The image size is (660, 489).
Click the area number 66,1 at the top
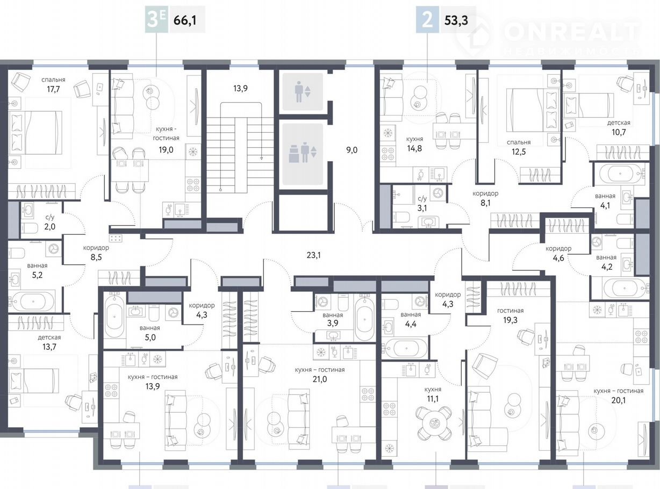pos(185,20)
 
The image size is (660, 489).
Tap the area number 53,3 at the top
pos(456,20)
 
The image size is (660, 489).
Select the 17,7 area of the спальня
pos(53,89)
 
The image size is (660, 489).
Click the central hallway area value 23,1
pos(314,255)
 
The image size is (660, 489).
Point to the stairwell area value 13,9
pos(240,88)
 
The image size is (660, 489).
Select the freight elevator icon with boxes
pos(303,153)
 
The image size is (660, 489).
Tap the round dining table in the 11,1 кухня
pos(433,422)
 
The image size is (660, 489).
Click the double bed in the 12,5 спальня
pos(532,110)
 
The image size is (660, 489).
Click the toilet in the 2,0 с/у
pos(29,228)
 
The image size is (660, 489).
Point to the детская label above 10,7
pos(619,123)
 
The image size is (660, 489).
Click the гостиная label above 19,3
pos(511,311)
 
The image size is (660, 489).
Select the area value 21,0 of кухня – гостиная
pos(320,379)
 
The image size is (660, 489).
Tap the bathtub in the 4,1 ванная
pos(620,174)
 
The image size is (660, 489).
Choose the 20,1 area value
pos(618,400)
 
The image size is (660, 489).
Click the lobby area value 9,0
pos(351,150)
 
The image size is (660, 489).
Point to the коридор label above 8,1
pos(485,193)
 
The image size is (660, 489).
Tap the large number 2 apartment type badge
pos(428,20)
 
